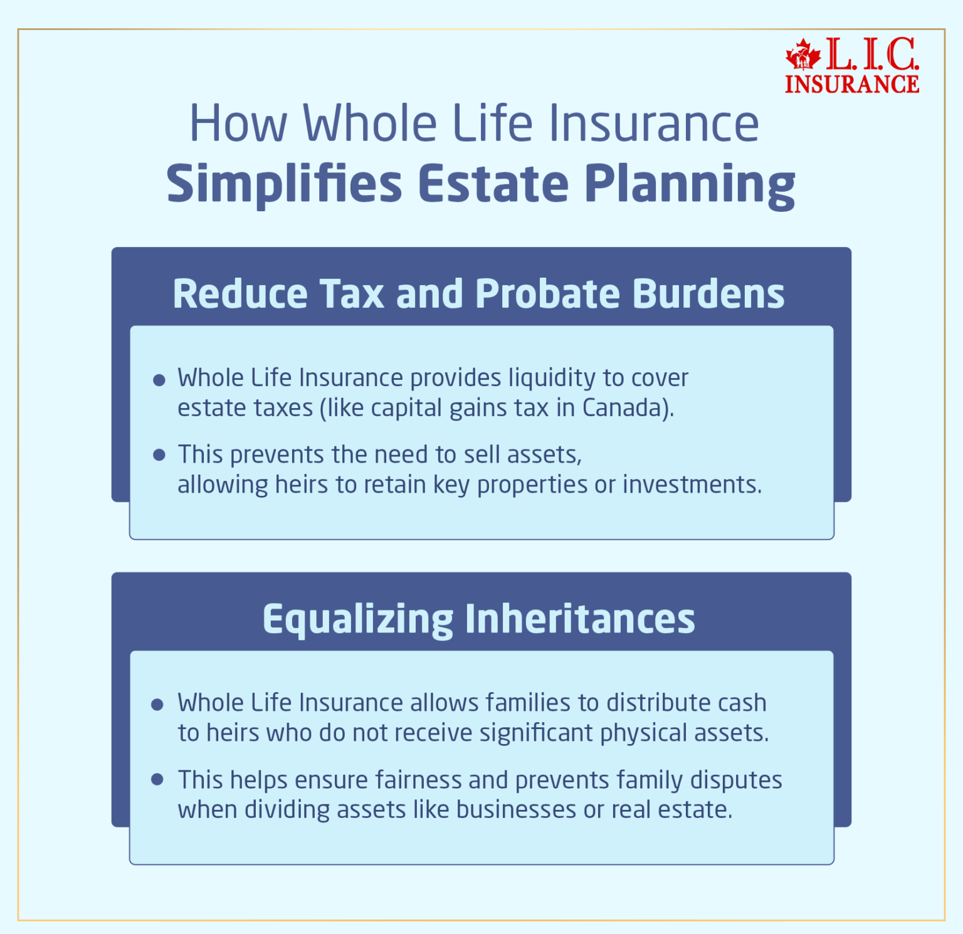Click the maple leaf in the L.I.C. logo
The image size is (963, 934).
click(x=803, y=55)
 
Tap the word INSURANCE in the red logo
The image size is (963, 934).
click(x=852, y=85)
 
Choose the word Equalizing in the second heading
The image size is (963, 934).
click(x=357, y=619)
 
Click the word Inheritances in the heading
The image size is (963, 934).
click(x=580, y=619)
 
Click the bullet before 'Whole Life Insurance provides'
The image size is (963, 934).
click(x=159, y=380)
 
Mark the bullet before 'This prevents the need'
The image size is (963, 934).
click(x=159, y=455)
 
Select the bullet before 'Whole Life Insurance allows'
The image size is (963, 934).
click(x=157, y=705)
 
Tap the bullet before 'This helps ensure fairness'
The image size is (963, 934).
click(x=157, y=780)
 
